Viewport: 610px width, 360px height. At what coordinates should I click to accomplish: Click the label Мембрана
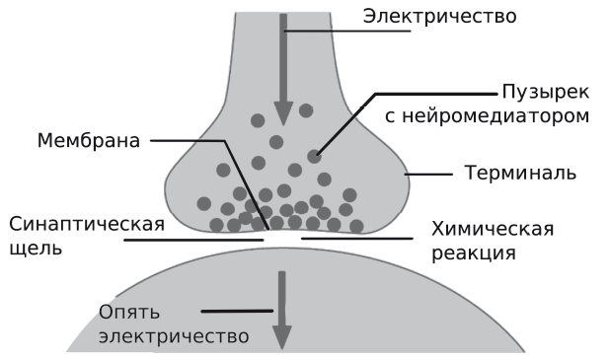[88, 140]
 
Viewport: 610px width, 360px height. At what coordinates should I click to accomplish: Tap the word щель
[36, 248]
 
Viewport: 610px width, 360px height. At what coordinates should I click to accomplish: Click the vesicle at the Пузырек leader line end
[314, 156]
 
